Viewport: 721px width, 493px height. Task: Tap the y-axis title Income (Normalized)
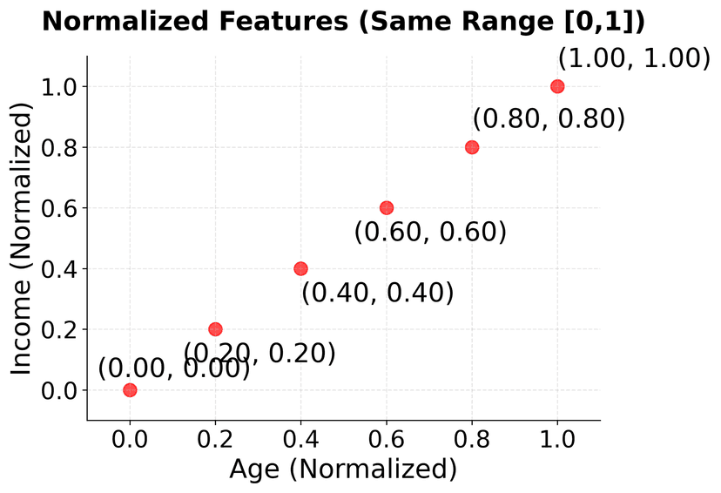tap(22, 238)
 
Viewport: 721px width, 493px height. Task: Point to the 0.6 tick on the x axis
tap(387, 422)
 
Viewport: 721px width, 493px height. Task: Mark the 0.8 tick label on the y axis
tap(58, 147)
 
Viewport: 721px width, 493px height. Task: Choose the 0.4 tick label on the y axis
tap(58, 269)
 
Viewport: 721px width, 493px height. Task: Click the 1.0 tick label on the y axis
tap(58, 87)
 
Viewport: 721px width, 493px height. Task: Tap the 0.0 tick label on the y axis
tap(58, 390)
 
